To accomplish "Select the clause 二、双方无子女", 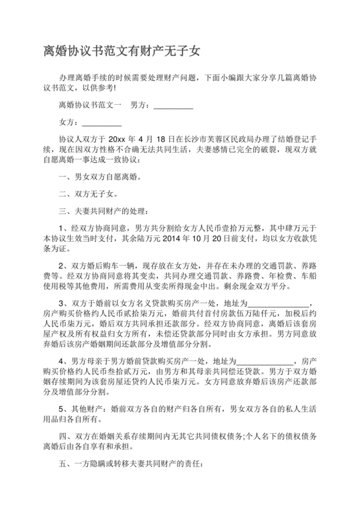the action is click(x=87, y=193).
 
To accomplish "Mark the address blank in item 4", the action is click(x=264, y=361).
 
